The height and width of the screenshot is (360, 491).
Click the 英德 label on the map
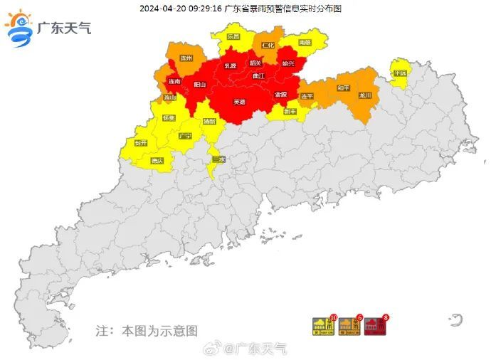(240, 102)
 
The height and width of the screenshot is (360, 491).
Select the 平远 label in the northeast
(400, 73)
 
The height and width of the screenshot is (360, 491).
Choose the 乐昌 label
(233, 36)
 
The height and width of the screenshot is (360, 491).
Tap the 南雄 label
(305, 43)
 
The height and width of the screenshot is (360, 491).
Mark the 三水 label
(218, 160)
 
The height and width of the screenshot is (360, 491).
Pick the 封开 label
(141, 142)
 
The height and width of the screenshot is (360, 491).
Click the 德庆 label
(157, 161)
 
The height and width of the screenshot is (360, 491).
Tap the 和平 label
(343, 88)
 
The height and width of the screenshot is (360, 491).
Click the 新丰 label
(290, 111)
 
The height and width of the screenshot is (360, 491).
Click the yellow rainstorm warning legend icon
(324, 327)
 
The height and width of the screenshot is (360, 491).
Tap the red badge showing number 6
(360, 318)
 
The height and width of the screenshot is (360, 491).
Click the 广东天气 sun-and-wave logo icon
(19, 29)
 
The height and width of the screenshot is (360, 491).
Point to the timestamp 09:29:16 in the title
(202, 8)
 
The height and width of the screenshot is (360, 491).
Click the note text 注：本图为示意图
(147, 331)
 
